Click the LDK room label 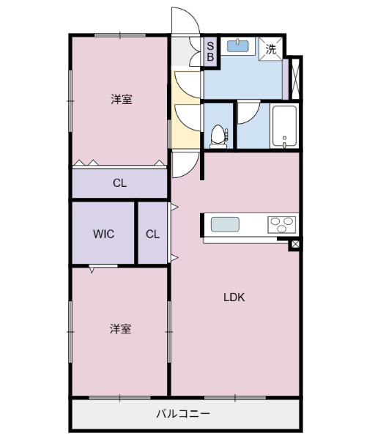pos(234,298)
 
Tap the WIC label pos(103,234)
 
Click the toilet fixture pos(218,135)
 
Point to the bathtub pos(284,127)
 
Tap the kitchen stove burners pos(282,224)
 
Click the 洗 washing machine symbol pos(271,50)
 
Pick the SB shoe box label pos(209,51)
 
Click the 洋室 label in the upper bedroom pos(122,100)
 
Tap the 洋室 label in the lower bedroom pos(121,329)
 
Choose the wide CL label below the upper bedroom pos(119,183)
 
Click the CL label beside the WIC pos(152,234)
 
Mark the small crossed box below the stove pos(294,244)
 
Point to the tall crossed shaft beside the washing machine pos(295,78)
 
